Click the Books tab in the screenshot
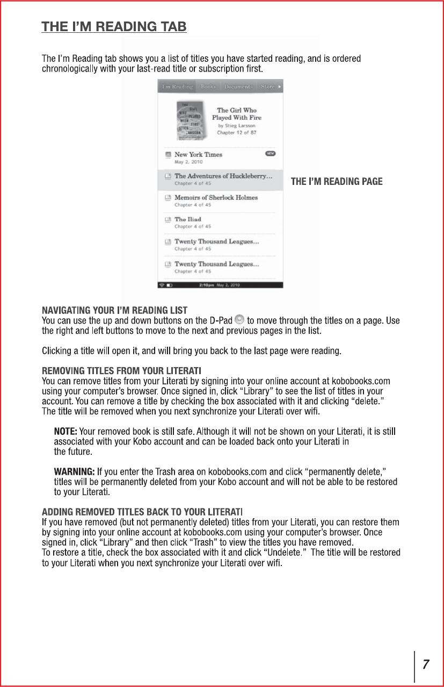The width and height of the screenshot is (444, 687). tap(208, 86)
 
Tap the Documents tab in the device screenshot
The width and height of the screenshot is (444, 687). tap(238, 86)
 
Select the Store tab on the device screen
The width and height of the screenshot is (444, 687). tap(268, 86)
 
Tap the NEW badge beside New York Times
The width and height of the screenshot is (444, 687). tap(271, 154)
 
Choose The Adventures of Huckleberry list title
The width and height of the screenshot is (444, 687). tap(223, 176)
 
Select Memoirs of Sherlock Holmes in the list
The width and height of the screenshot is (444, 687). tap(216, 197)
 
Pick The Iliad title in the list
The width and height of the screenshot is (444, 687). tap(188, 219)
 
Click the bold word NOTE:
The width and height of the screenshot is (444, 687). tap(65, 432)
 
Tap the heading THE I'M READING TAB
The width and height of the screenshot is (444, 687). tap(114, 26)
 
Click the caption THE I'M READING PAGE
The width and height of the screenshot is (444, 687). tap(337, 182)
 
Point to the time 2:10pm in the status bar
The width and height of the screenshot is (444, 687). tap(207, 285)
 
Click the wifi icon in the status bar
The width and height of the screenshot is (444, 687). tap(161, 285)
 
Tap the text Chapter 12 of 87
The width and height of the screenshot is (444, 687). tap(236, 132)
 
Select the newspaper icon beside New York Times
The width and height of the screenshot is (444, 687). tap(168, 154)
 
